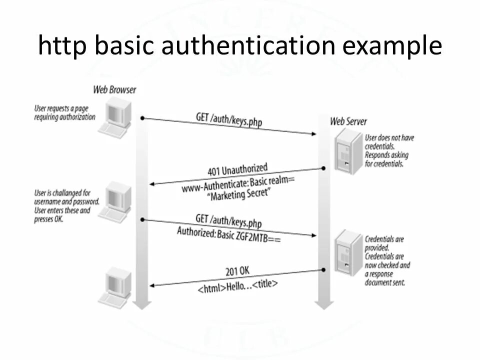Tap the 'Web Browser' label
pyautogui.click(x=114, y=90)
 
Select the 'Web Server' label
pyautogui.click(x=348, y=121)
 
